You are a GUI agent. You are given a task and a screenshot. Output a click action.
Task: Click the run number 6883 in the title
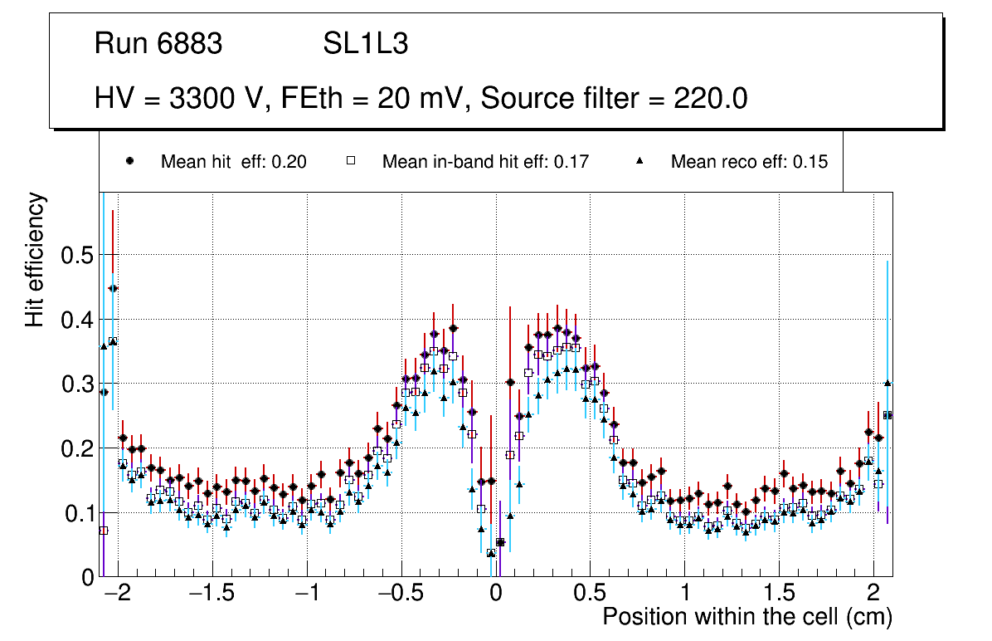(190, 44)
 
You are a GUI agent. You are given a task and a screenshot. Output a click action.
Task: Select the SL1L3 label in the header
(365, 44)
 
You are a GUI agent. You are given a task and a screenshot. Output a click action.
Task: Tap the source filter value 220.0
(708, 99)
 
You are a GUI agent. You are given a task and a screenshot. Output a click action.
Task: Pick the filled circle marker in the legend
(129, 162)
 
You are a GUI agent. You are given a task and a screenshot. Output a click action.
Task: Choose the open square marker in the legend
(351, 162)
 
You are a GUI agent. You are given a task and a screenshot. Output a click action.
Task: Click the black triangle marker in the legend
(640, 162)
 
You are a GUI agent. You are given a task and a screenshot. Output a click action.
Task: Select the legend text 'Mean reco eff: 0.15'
(749, 162)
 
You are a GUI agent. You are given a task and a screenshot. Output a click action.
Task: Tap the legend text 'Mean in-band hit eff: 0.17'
(485, 162)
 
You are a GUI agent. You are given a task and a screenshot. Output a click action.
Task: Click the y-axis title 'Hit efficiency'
(35, 260)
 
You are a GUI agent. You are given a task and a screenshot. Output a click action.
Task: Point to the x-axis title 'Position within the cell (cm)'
(746, 617)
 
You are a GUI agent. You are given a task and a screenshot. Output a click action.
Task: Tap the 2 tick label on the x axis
(873, 595)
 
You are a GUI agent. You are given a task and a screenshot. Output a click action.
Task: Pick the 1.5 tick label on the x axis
(779, 595)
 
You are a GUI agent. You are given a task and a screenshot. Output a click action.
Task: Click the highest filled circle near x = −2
(113, 288)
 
